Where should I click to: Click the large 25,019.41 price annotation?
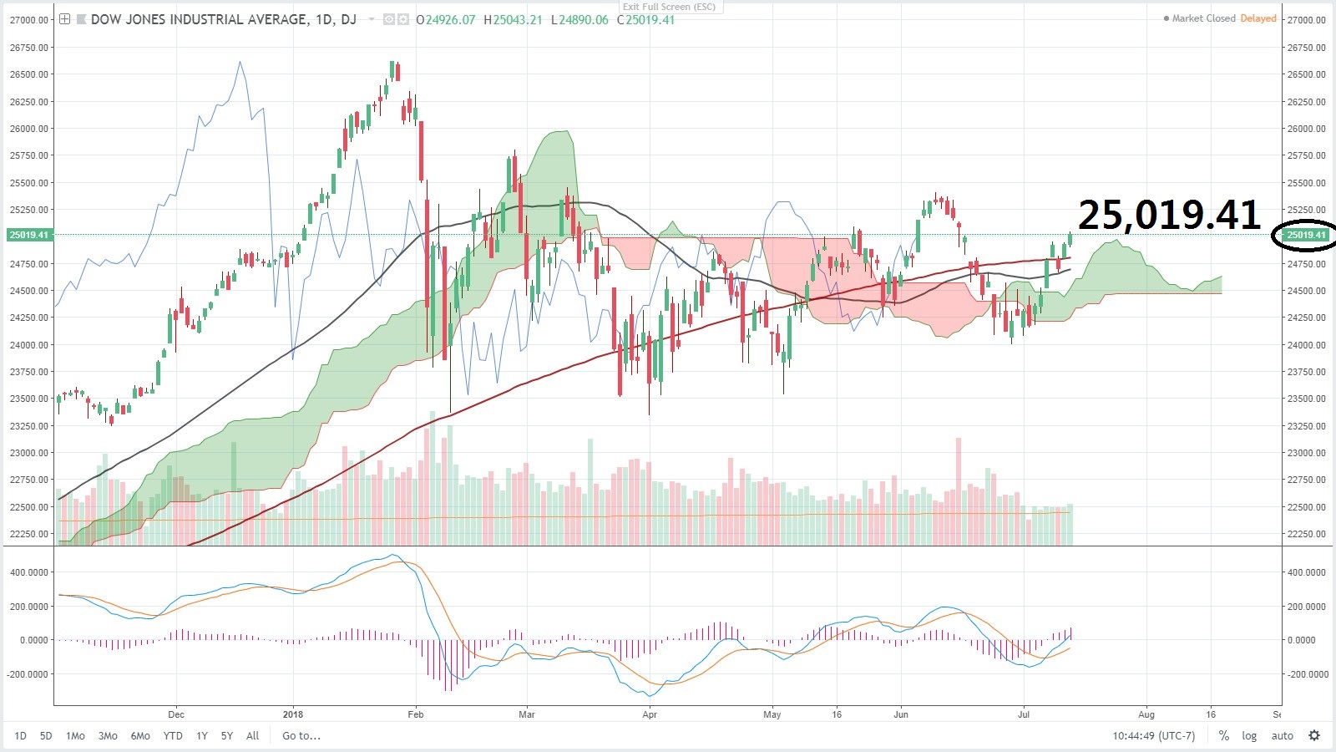1169,216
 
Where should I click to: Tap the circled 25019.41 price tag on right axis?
1306,235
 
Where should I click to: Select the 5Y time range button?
227,736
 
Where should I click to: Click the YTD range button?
173,736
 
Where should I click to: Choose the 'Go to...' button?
301,736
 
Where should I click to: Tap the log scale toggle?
1249,736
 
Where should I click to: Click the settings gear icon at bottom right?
1314,736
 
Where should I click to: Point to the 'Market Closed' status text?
1203,18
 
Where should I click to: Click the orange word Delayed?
1258,18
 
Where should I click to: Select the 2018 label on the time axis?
293,714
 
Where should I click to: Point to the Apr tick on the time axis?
650,714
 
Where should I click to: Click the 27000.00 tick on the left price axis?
29,20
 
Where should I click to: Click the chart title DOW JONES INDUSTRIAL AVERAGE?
199,19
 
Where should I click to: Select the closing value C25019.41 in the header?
645,20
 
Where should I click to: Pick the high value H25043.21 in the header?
513,20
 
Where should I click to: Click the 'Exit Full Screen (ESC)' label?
669,7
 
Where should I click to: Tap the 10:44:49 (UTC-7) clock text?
1153,736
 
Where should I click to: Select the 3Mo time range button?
108,736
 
